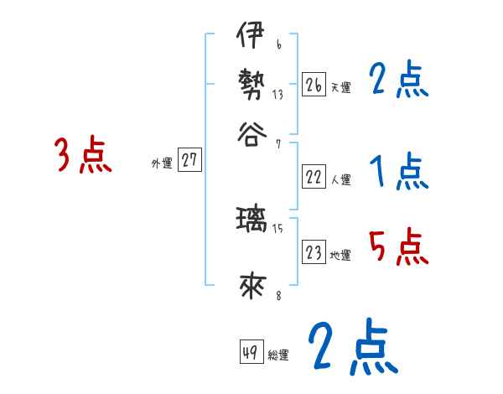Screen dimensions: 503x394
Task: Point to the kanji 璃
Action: point(250,220)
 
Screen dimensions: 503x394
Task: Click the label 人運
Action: point(340,179)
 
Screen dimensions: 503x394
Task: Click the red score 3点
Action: point(83,156)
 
